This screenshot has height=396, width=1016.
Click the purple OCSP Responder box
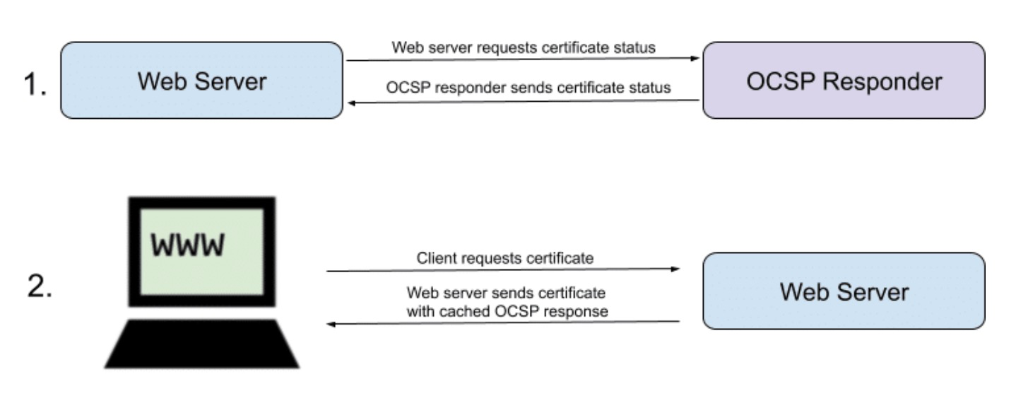pyautogui.click(x=844, y=81)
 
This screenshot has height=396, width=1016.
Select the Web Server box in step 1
pyautogui.click(x=201, y=81)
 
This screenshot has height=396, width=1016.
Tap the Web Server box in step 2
pyautogui.click(x=844, y=291)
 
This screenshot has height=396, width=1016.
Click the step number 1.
pyautogui.click(x=35, y=84)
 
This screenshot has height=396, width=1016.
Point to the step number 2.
pyautogui.click(x=40, y=286)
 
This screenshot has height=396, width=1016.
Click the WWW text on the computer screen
pyautogui.click(x=187, y=245)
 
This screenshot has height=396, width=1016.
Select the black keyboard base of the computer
pyautogui.click(x=202, y=344)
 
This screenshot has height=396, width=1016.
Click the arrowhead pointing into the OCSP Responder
pyautogui.click(x=695, y=58)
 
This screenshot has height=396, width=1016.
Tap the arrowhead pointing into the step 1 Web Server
pyautogui.click(x=353, y=103)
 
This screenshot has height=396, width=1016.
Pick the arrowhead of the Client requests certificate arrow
pyautogui.click(x=675, y=269)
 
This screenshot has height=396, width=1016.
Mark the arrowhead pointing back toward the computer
pyautogui.click(x=331, y=325)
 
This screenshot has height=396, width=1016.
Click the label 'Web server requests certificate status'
pyautogui.click(x=524, y=47)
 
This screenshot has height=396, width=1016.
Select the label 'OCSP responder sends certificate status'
pyautogui.click(x=528, y=87)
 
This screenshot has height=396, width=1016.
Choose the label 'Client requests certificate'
pyautogui.click(x=505, y=258)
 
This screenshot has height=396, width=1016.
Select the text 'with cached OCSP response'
pyautogui.click(x=507, y=312)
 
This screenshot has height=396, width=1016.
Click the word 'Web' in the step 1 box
pyautogui.click(x=163, y=81)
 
